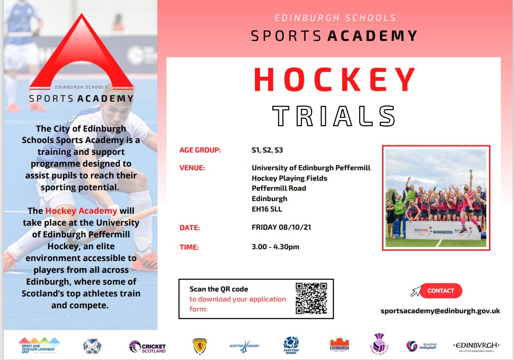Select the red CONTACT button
click(441, 291)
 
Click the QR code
click(311, 298)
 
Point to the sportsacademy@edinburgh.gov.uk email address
click(440, 311)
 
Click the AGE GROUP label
click(200, 150)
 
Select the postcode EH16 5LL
click(267, 209)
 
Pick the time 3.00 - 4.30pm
click(275, 247)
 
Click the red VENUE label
click(192, 168)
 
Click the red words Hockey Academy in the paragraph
click(81, 211)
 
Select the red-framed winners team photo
click(436, 198)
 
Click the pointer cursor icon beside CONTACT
click(415, 291)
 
